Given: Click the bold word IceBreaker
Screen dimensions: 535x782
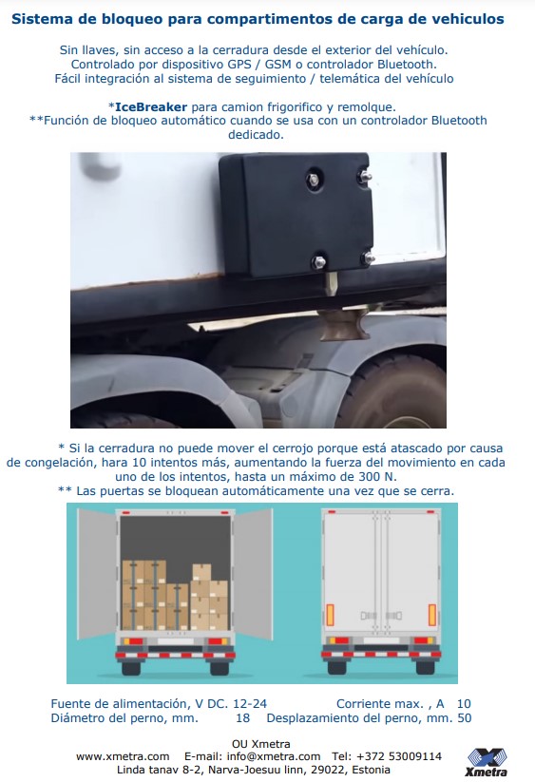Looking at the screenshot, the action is tap(151, 106).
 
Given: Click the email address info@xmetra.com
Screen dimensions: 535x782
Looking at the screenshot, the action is tap(274, 756).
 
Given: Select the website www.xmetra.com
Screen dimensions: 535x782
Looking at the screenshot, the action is tap(123, 756).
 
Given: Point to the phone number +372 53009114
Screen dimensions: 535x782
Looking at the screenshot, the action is tap(400, 756).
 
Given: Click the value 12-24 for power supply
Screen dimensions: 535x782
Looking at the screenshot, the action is tap(250, 704).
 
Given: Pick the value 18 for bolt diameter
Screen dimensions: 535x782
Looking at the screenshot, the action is tap(243, 718).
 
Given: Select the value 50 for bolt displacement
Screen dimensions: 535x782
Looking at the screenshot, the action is tap(464, 718).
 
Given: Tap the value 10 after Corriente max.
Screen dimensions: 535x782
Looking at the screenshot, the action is tap(464, 704).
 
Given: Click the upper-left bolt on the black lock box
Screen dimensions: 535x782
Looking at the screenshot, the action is tap(314, 180).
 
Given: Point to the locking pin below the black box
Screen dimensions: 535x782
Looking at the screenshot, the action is tap(331, 282).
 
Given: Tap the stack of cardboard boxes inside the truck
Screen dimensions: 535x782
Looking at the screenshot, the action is tap(175, 595).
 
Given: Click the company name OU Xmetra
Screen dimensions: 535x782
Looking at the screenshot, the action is tap(260, 744).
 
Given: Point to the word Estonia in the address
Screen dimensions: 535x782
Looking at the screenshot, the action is tap(371, 770).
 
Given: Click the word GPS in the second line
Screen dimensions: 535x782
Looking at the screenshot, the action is tap(239, 65).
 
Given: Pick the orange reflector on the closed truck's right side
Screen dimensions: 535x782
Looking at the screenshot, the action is tap(432, 615).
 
